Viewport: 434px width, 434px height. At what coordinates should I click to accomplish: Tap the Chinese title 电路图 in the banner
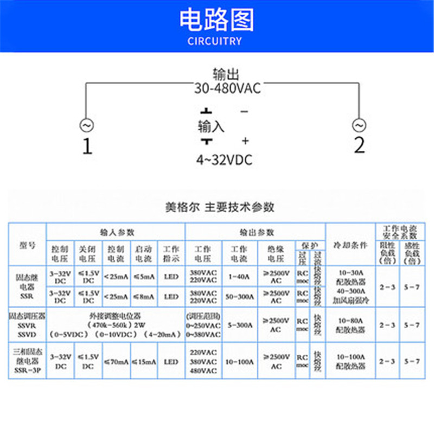216,20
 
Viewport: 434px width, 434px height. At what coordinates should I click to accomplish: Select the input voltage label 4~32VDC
224,160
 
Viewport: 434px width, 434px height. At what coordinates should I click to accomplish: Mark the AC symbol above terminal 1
86,125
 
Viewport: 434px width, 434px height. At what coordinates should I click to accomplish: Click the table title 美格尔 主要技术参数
220,207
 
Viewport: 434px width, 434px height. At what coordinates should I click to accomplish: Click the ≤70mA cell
116,361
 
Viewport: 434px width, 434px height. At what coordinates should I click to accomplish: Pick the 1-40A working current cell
239,277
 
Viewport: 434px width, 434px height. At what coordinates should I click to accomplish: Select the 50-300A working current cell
239,297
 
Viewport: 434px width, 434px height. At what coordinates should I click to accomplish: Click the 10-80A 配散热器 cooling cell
350,325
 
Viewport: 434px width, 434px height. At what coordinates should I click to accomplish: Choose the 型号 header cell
27,245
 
